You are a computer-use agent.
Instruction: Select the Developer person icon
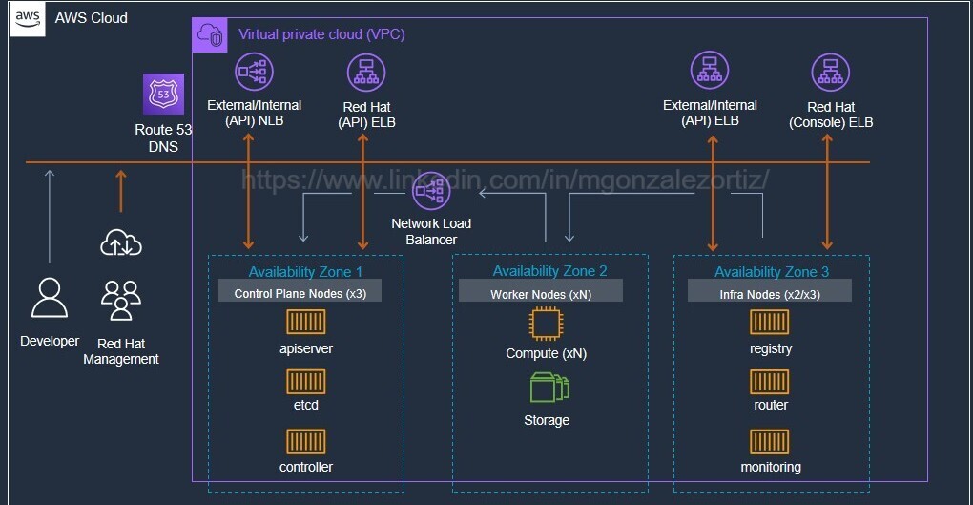[x=50, y=298]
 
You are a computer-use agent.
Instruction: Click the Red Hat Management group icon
[x=121, y=300]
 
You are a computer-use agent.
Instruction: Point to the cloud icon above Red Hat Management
[x=121, y=244]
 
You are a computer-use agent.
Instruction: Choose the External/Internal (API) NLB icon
[x=253, y=72]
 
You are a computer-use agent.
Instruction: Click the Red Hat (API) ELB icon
[x=365, y=73]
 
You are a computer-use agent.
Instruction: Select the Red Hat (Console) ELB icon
[x=830, y=73]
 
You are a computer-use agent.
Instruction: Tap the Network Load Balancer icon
[x=431, y=191]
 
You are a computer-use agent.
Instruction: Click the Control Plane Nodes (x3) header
[x=300, y=294]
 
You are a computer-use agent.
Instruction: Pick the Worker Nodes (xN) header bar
[x=540, y=294]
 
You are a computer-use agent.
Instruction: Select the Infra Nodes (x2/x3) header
[x=770, y=294]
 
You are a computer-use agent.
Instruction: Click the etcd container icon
[x=306, y=382]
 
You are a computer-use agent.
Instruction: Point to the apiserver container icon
[x=306, y=323]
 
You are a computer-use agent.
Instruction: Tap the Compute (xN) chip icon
[x=546, y=325]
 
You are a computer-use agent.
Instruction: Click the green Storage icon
[x=549, y=388]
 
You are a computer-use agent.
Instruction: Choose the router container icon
[x=770, y=382]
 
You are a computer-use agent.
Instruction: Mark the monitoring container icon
[x=770, y=441]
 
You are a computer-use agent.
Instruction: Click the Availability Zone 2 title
[x=549, y=272]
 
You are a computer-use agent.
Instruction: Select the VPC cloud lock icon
[x=209, y=35]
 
